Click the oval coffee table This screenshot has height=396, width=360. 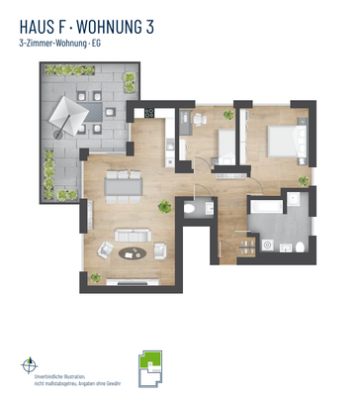[132, 252]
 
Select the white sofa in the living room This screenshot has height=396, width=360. [132, 236]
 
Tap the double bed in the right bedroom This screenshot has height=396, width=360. [280, 143]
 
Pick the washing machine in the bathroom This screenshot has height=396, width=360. [268, 246]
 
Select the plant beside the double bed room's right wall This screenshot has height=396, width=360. [304, 181]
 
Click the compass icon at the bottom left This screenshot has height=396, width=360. [30, 365]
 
